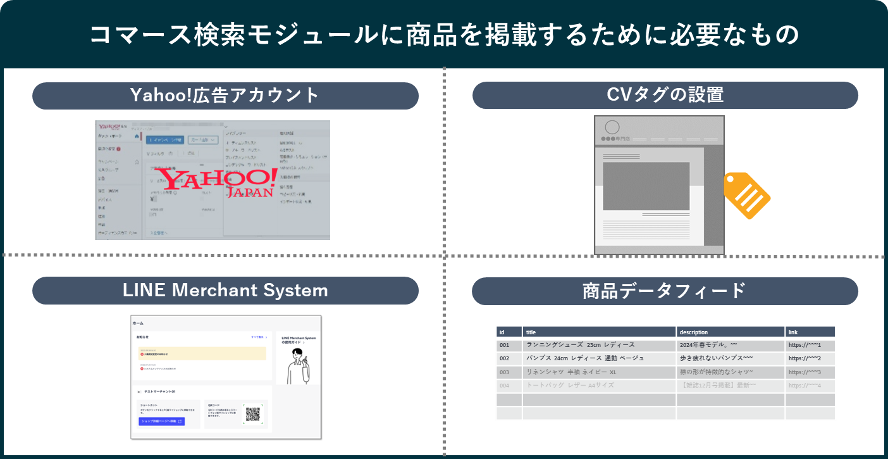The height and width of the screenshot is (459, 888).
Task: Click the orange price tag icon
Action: click(746, 195)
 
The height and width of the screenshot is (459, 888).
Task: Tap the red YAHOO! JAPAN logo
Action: click(216, 182)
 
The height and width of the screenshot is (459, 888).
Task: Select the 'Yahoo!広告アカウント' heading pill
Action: click(225, 96)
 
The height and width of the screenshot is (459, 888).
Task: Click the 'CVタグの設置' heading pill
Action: click(665, 96)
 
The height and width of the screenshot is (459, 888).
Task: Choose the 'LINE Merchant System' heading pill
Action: click(225, 291)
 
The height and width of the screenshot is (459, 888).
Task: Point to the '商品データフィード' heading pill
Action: click(665, 291)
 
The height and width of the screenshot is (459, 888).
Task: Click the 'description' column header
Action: click(730, 332)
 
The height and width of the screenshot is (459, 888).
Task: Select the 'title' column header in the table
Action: click(599, 332)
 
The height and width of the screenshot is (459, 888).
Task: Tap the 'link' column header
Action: click(810, 332)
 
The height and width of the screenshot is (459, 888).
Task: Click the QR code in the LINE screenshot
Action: click(252, 414)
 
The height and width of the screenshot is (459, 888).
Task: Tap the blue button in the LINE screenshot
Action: click(161, 421)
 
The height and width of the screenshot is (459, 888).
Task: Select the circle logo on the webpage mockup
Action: click(612, 127)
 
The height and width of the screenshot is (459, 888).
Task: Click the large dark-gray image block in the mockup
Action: click(646, 186)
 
